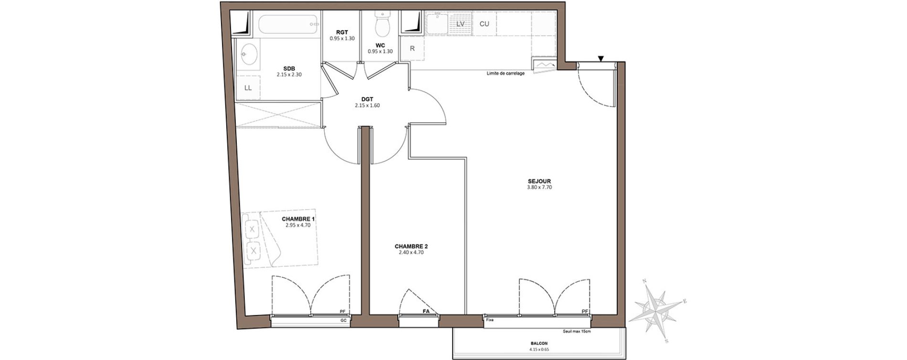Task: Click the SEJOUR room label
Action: (539, 181)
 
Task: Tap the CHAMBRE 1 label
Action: (298, 219)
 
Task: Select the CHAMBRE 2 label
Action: (411, 246)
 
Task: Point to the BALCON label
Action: (539, 343)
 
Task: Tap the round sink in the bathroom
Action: (248, 54)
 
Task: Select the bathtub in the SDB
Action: (287, 24)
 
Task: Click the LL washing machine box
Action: (248, 88)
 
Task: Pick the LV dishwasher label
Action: (461, 24)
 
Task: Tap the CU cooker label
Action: (484, 24)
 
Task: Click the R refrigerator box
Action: (412, 48)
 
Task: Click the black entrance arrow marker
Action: (601, 59)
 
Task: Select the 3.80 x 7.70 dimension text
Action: (539, 188)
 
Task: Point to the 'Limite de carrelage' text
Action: (506, 74)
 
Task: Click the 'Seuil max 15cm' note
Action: (577, 331)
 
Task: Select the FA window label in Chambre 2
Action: (426, 311)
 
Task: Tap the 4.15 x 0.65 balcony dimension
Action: (539, 349)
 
